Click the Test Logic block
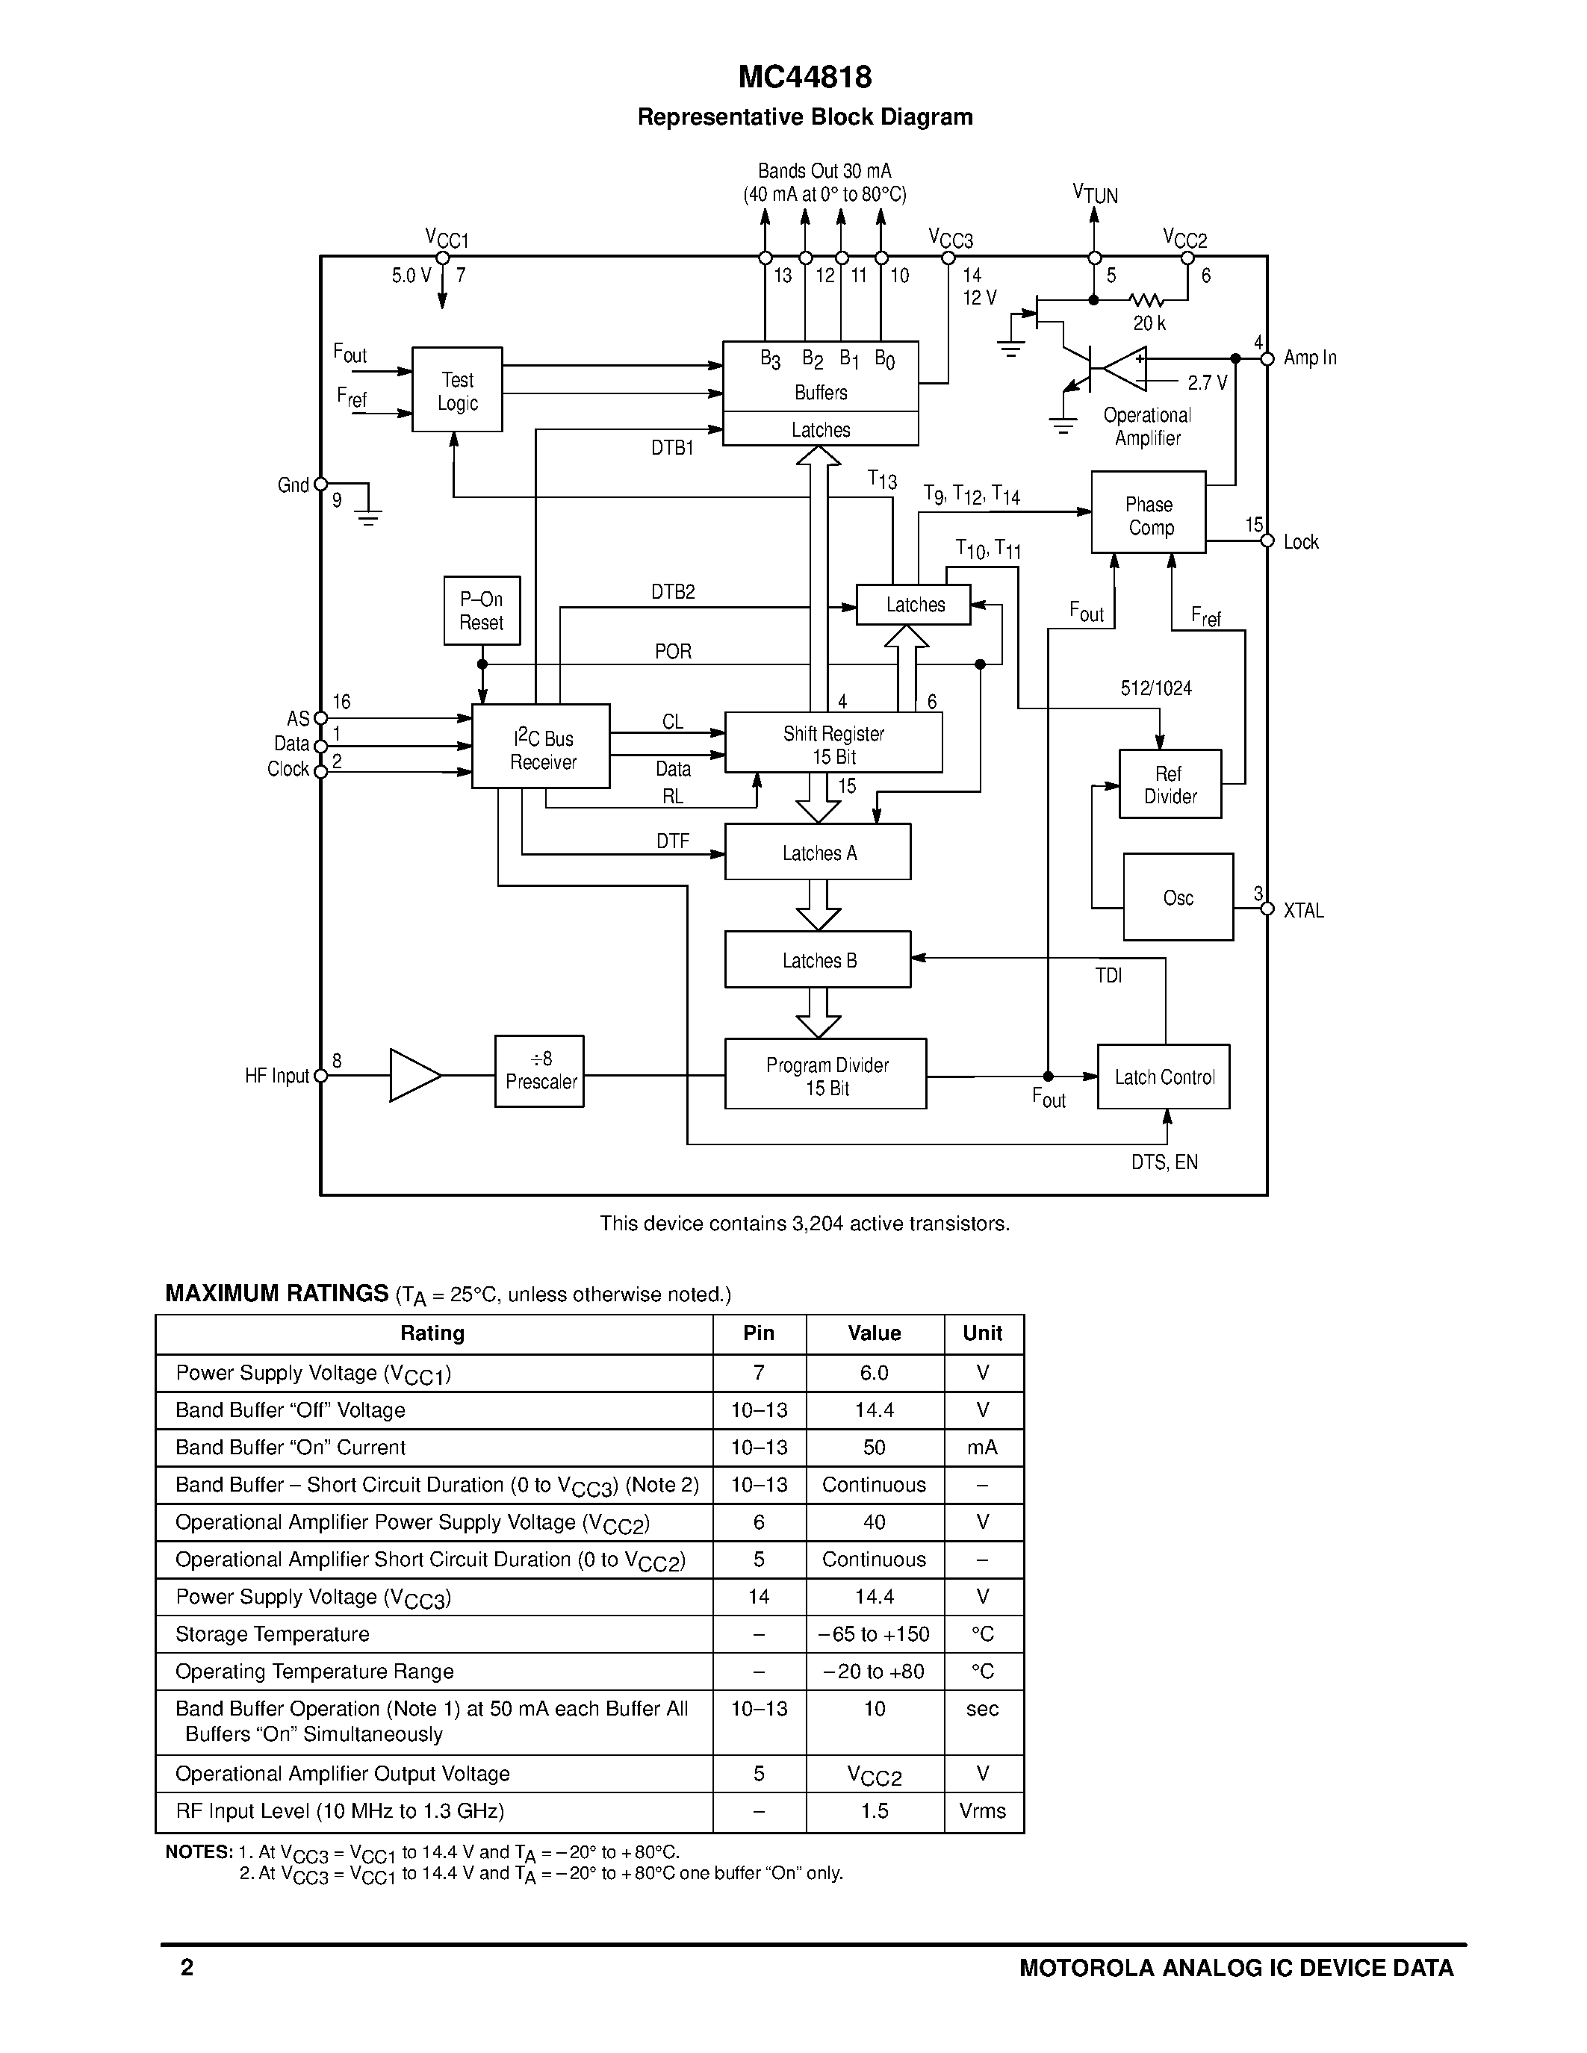click(x=457, y=390)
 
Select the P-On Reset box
click(x=482, y=611)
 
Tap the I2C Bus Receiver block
click(x=541, y=747)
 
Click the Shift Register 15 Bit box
click(x=833, y=744)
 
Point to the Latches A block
click(x=818, y=853)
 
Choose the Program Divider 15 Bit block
click(x=825, y=1074)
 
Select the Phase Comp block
click(x=1148, y=514)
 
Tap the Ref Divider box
click(x=1170, y=785)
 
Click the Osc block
click(x=1178, y=897)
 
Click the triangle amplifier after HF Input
click(x=411, y=1075)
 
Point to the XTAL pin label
click(x=1303, y=911)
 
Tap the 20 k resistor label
click(x=1149, y=324)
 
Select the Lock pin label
click(x=1300, y=543)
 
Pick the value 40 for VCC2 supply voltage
click(x=874, y=1522)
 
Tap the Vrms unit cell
click(x=983, y=1811)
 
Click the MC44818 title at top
click(x=805, y=77)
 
